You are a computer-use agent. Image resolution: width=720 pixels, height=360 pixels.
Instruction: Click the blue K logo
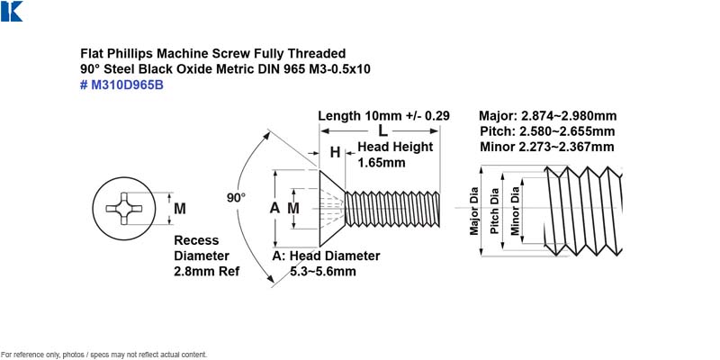(x=12, y=11)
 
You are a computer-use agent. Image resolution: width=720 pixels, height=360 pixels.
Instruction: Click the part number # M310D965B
(x=121, y=85)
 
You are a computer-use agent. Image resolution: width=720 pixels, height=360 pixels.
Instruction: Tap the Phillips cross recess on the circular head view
(x=124, y=209)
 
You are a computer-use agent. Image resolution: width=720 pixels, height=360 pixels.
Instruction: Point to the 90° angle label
(x=236, y=198)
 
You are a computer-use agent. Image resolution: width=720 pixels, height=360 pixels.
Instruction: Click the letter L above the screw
(x=382, y=130)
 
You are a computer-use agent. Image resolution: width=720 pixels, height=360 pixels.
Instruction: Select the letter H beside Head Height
(x=335, y=152)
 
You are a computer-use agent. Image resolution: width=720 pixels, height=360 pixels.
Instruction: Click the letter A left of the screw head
(x=274, y=208)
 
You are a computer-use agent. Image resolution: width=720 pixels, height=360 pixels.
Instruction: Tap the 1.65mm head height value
(x=382, y=163)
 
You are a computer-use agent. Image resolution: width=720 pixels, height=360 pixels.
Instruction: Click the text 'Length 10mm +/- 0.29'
(x=384, y=116)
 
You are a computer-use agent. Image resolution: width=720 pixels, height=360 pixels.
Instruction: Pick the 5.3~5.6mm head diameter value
(x=323, y=272)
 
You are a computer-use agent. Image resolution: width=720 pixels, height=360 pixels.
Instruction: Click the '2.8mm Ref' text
(x=207, y=272)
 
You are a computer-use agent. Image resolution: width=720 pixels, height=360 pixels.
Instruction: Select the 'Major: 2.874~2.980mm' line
(x=548, y=116)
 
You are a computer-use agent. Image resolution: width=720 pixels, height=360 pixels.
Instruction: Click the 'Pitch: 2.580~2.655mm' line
(x=547, y=131)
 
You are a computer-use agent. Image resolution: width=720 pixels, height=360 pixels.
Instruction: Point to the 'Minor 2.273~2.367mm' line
(x=547, y=147)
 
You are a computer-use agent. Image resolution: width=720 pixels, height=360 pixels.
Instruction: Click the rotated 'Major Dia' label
(x=474, y=211)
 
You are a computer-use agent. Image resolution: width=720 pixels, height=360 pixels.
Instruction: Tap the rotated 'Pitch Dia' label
(x=494, y=211)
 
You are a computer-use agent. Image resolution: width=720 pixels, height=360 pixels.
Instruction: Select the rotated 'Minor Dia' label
(x=515, y=211)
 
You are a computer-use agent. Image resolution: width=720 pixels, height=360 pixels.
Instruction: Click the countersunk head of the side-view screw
(x=329, y=208)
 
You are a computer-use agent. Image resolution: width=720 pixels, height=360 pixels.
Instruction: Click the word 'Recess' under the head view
(x=196, y=240)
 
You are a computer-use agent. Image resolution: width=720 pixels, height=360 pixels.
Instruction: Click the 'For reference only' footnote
(x=103, y=355)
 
